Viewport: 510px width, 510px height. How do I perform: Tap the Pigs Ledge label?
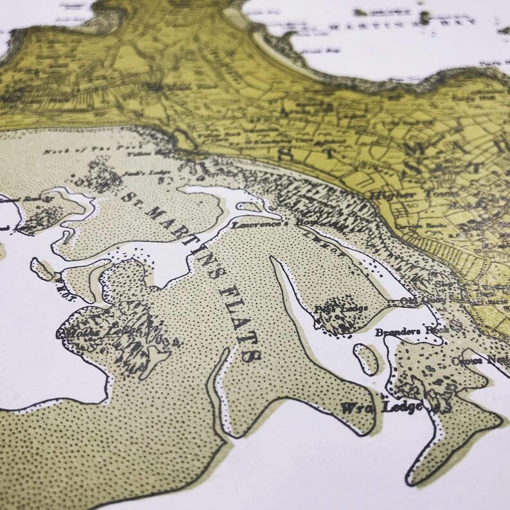tap(341, 309)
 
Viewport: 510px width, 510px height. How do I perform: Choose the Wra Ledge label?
tap(382, 407)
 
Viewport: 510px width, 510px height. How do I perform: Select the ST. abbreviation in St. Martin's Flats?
tap(133, 198)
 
